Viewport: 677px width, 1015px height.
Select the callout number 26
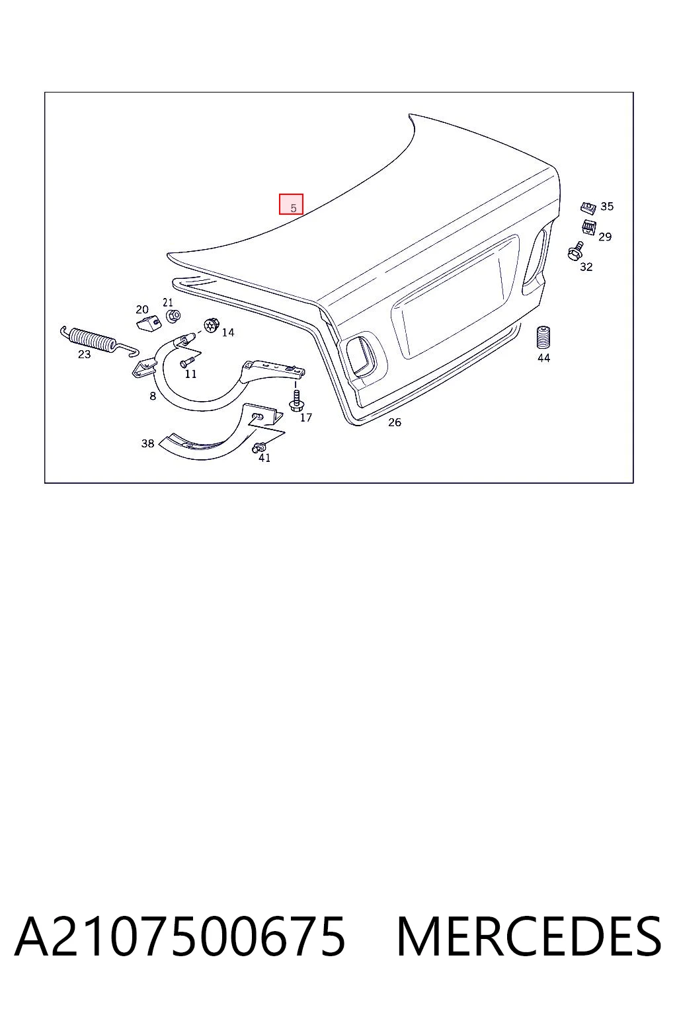click(x=395, y=422)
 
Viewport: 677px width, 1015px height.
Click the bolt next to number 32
click(x=575, y=250)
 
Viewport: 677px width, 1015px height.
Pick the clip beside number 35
click(x=588, y=207)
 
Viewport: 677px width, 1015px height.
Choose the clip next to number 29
click(x=589, y=227)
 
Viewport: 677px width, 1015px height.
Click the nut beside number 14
click(x=212, y=325)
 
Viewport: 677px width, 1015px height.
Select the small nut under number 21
click(x=173, y=315)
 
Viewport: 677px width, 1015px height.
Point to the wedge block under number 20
click(x=149, y=323)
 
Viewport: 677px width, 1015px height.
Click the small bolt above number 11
click(x=187, y=363)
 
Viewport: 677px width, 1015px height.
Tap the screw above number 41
click(x=258, y=447)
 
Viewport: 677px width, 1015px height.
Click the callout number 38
click(x=147, y=443)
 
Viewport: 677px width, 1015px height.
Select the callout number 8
click(x=153, y=396)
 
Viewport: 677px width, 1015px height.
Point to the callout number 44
click(x=543, y=358)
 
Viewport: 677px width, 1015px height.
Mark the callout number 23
click(x=85, y=354)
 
